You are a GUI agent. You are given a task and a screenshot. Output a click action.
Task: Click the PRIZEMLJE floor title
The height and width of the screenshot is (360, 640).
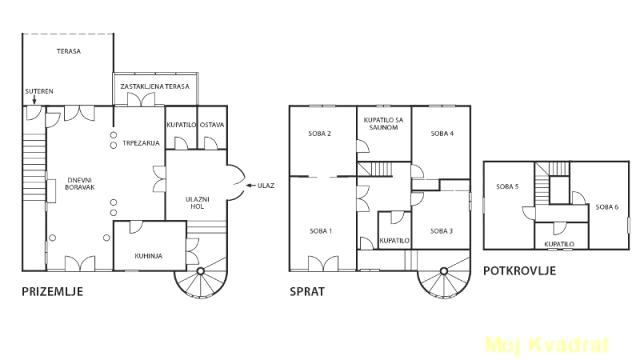[x=52, y=291]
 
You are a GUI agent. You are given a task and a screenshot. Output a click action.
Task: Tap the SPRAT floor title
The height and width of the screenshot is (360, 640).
[x=307, y=291]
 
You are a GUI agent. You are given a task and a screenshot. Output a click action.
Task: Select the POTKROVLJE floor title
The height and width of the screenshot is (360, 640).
[x=520, y=271]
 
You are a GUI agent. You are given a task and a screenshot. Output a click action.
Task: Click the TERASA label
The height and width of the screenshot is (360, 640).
[x=69, y=51]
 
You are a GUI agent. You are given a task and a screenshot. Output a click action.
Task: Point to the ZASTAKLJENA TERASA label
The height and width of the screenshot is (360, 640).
[x=155, y=87]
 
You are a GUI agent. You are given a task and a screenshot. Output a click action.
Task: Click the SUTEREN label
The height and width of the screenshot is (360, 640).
[x=39, y=91]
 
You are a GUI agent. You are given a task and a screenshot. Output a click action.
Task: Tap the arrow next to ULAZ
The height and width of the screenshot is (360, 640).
[x=250, y=186]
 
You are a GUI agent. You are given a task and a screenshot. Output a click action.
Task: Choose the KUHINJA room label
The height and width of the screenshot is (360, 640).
[x=149, y=256]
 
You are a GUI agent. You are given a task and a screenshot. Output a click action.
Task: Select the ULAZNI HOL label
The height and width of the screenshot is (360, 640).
[x=197, y=203]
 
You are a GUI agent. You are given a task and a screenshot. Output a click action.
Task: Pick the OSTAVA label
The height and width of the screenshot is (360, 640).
[x=212, y=125]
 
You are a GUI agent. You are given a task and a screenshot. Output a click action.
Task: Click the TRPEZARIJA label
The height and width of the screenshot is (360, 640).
[x=141, y=143]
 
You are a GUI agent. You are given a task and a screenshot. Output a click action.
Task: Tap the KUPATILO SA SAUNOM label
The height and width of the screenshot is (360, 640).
[x=383, y=124]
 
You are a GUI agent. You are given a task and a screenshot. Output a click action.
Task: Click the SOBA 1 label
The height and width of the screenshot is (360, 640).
[x=321, y=231]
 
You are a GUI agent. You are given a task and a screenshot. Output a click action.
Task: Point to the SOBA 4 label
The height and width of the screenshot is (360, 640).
[x=442, y=133]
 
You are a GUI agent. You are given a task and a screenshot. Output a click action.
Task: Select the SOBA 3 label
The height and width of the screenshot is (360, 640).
[x=442, y=231]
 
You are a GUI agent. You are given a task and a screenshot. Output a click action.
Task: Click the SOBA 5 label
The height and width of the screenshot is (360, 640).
[x=507, y=187]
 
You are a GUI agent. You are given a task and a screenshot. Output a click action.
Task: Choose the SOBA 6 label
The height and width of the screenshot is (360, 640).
[x=607, y=207]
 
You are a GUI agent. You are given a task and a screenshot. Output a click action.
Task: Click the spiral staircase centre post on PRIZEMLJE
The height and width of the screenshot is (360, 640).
[x=200, y=271]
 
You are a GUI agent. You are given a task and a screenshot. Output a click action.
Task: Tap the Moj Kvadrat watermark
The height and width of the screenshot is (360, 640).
[x=547, y=345]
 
